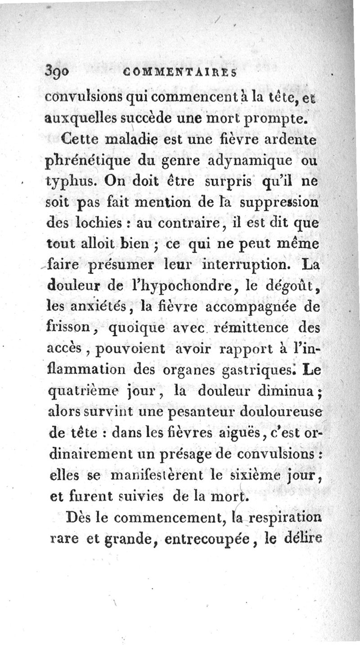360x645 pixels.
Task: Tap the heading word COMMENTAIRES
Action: click(x=180, y=72)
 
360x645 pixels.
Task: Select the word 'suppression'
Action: click(x=279, y=202)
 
